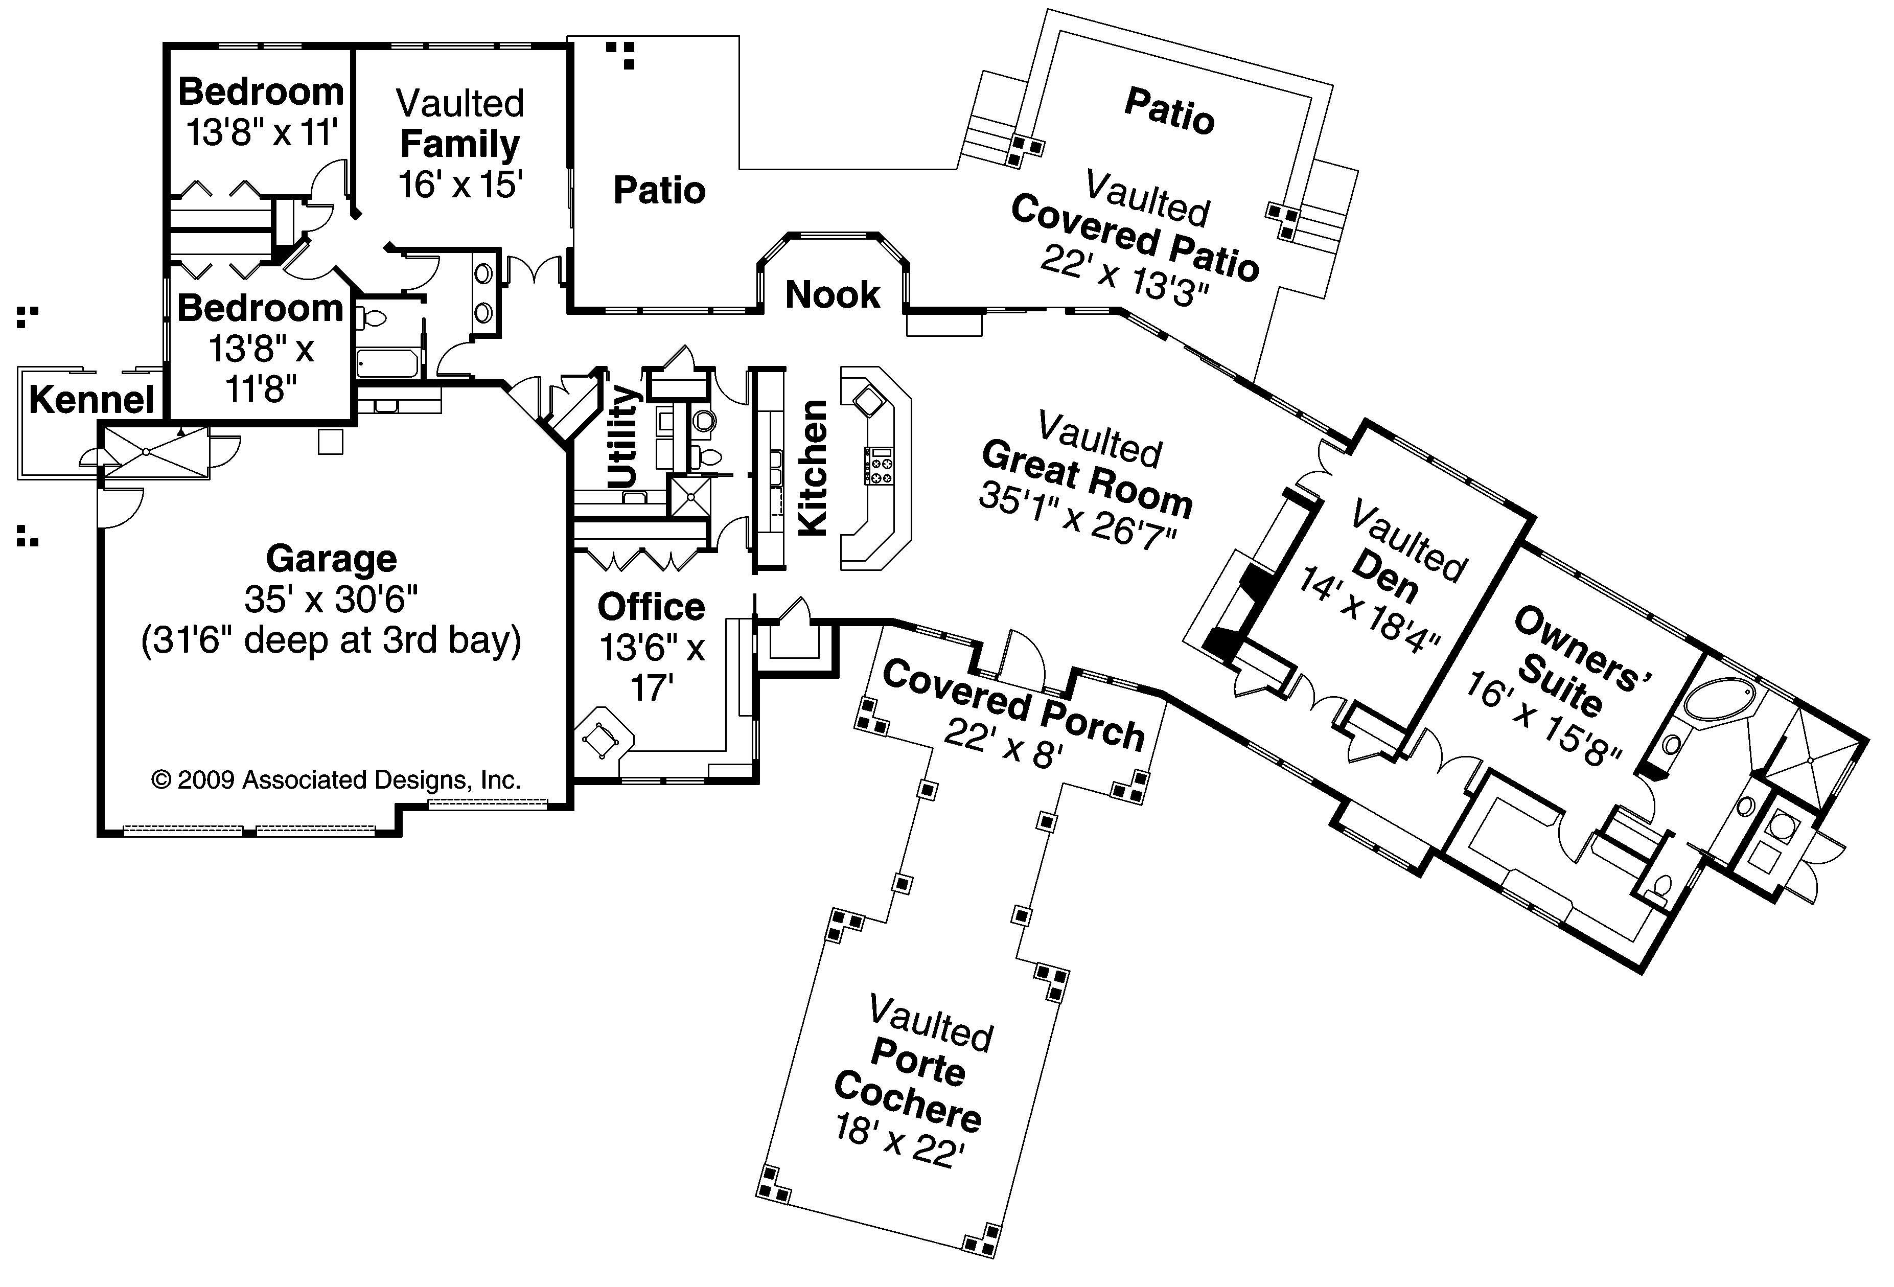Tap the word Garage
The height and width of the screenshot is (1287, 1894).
[331, 559]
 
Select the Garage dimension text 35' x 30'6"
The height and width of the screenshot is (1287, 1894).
[331, 600]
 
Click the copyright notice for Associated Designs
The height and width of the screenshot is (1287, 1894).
[336, 780]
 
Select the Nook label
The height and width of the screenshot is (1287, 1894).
[832, 295]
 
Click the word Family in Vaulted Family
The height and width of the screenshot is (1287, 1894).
[459, 144]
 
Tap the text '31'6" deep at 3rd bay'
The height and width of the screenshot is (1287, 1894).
[331, 640]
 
